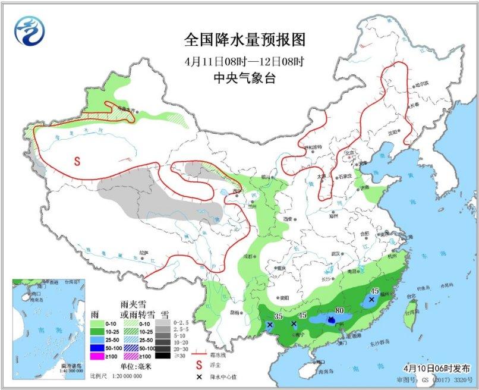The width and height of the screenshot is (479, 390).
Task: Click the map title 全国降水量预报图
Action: [x=245, y=40]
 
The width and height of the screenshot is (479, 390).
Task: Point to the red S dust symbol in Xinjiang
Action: [x=77, y=160]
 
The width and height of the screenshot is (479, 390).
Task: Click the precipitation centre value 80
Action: [x=340, y=309]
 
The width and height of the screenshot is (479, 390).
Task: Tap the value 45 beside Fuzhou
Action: [x=374, y=291]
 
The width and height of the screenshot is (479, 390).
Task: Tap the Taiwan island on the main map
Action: [x=410, y=315]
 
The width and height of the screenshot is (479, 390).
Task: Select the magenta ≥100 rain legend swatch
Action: [x=99, y=357]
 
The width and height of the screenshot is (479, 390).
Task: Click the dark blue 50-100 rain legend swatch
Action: [x=99, y=348]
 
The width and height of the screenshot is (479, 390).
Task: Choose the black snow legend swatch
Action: [x=160, y=356]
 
